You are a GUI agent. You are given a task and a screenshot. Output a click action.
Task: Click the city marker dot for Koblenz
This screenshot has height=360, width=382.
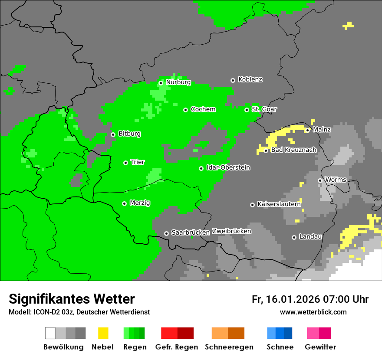pyautogui.click(x=233, y=80)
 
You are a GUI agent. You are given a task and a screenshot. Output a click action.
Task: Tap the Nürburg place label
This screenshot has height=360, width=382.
pyautogui.click(x=178, y=82)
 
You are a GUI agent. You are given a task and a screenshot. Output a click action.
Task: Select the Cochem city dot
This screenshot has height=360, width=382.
pyautogui.click(x=185, y=110)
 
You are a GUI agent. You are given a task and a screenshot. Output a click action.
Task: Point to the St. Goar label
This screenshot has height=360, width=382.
pyautogui.click(x=264, y=109)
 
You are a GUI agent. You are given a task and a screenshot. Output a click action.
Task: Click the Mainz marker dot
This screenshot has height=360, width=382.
pyautogui.click(x=307, y=130)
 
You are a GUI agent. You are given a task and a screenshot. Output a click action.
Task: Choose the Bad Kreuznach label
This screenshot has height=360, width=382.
pyautogui.click(x=293, y=150)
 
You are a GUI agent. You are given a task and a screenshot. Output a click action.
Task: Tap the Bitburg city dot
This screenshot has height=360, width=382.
pyautogui.click(x=113, y=134)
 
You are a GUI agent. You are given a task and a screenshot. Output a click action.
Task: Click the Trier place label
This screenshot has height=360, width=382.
pyautogui.click(x=138, y=162)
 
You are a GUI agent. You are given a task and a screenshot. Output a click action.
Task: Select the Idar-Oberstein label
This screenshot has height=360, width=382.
pyautogui.click(x=228, y=168)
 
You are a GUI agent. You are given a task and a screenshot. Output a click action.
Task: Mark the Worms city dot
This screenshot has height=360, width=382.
pyautogui.click(x=320, y=180)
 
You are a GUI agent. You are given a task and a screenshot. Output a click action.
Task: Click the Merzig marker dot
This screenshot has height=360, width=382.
pyautogui.click(x=124, y=203)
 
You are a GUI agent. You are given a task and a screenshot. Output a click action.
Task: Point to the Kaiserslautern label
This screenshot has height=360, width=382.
pyautogui.click(x=279, y=204)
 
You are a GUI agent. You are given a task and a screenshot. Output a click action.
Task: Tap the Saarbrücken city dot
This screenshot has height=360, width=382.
pyautogui.click(x=166, y=233)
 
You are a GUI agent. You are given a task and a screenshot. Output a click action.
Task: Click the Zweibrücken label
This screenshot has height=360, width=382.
pyautogui.click(x=231, y=232)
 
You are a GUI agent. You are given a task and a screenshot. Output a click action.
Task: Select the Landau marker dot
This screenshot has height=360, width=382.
pyautogui.click(x=294, y=237)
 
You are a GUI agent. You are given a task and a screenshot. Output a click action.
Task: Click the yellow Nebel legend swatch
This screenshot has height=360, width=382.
pyautogui.click(x=103, y=333)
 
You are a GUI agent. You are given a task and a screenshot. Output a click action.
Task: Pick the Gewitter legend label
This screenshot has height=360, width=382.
pyautogui.click(x=320, y=347)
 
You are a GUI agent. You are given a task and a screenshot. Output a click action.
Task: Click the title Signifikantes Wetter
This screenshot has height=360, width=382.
pyautogui.click(x=72, y=299)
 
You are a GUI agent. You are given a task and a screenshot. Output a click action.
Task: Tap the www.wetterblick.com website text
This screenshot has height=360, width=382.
pyautogui.click(x=313, y=312)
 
